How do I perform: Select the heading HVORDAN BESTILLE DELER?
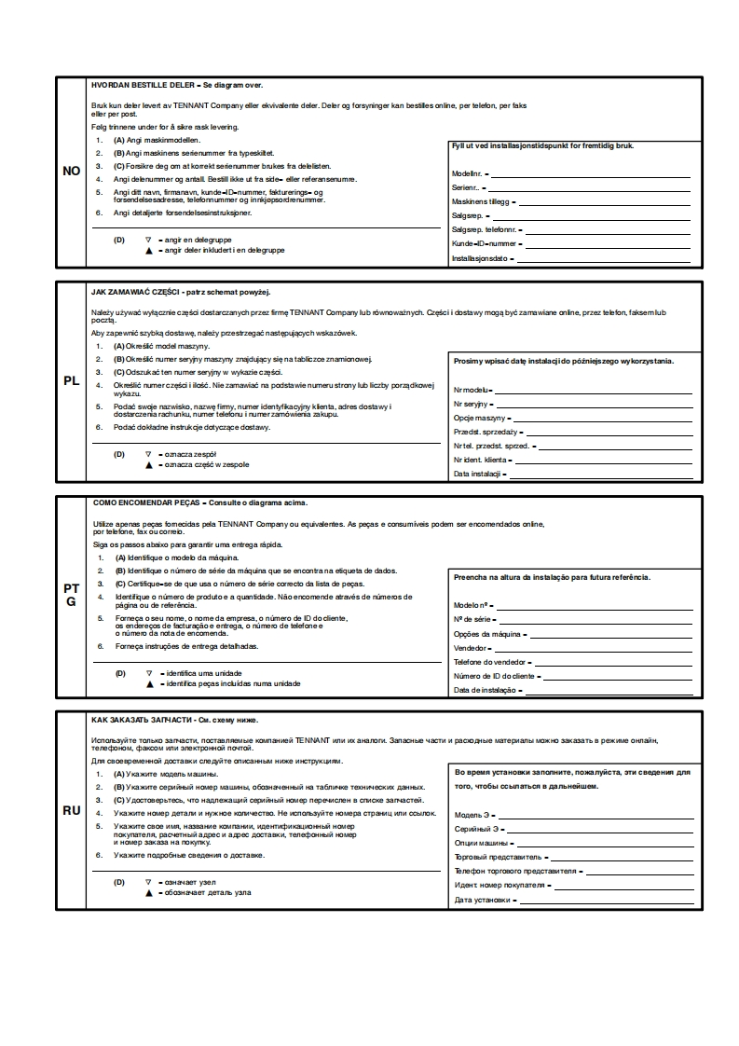143,84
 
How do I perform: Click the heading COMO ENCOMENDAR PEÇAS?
148,502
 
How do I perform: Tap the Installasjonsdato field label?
482,258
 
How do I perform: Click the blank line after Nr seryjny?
595,405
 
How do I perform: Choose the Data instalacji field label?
478,475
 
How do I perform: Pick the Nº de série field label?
472,620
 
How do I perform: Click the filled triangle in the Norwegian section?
148,251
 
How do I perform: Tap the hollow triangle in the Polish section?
148,454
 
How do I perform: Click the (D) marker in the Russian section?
119,881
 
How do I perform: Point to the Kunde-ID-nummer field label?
484,244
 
